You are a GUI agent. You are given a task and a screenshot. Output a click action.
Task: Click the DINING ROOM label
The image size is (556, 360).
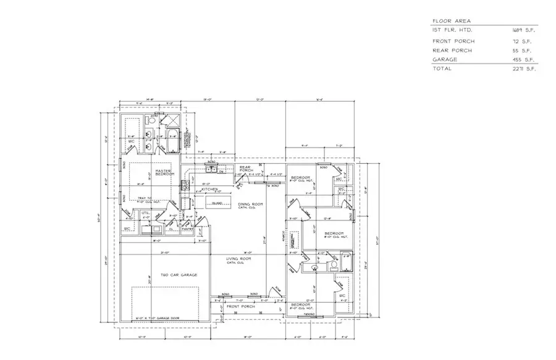[x=250, y=204]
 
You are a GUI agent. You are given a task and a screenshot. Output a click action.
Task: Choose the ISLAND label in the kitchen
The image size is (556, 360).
[x=217, y=203]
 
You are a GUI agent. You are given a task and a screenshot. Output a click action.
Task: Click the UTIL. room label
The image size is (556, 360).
[x=146, y=214]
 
